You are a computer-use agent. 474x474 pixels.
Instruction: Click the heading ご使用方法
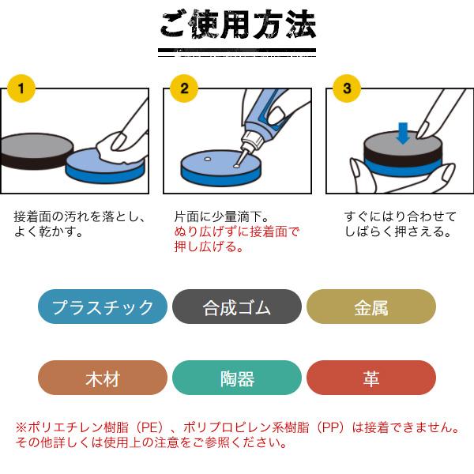click(237, 24)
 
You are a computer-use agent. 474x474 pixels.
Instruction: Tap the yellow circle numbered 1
click(21, 88)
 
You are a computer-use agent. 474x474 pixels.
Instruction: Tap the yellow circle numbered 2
click(184, 88)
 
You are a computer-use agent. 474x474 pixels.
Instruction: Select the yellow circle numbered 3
click(347, 88)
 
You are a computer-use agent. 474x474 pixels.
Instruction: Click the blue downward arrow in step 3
click(403, 133)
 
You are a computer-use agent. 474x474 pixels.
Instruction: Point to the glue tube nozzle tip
click(236, 165)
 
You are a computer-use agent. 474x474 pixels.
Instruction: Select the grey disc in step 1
click(36, 151)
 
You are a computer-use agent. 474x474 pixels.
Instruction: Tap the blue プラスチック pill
click(103, 307)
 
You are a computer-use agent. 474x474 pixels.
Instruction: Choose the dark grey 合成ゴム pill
click(237, 307)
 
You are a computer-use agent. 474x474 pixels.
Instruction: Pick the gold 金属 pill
click(371, 307)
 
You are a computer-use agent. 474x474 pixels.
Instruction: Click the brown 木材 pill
click(103, 378)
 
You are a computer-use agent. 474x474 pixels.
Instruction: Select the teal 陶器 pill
click(237, 378)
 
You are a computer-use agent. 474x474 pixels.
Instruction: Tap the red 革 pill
click(371, 378)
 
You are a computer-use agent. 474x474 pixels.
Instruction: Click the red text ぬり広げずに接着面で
click(236, 231)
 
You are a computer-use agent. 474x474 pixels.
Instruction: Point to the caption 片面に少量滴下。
click(221, 216)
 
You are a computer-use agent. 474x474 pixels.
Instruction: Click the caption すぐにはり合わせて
click(401, 216)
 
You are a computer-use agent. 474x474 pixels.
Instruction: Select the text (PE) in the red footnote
click(150, 427)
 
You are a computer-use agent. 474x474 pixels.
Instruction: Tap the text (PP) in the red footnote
click(330, 427)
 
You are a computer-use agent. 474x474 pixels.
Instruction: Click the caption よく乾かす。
click(48, 231)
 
